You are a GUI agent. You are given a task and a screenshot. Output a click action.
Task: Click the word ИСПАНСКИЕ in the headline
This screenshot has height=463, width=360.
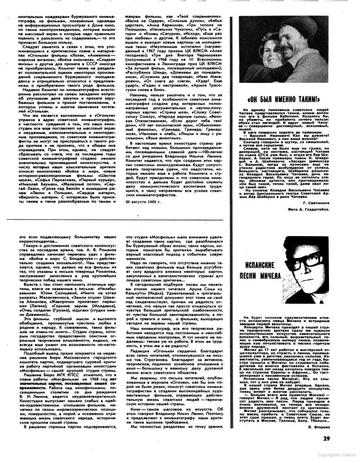(x=260, y=265)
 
